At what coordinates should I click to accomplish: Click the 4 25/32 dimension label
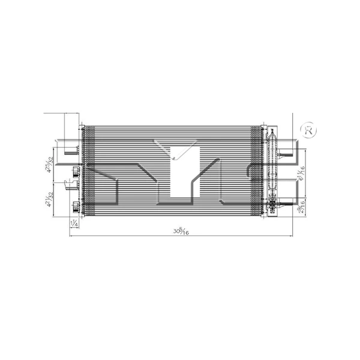[x=53, y=163]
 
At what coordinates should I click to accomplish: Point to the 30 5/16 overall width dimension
[x=178, y=230]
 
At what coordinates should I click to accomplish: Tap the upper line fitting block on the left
[x=76, y=170]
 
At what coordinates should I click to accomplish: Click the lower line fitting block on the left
[x=76, y=208]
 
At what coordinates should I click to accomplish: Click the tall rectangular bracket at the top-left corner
[x=71, y=128]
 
